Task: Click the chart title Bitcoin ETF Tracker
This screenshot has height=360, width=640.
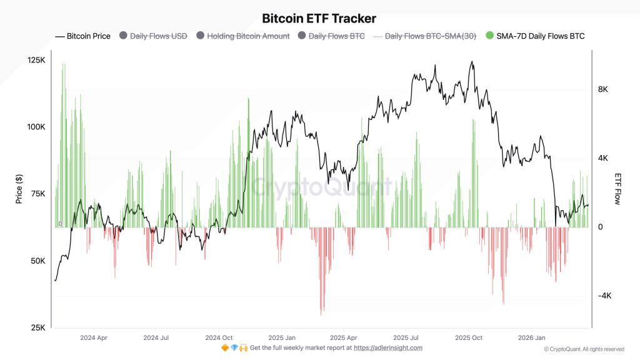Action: (319, 19)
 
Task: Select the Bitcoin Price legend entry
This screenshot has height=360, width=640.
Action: (83, 36)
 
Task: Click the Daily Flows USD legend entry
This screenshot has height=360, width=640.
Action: (154, 36)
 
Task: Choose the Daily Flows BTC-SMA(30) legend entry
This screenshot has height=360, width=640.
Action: (427, 36)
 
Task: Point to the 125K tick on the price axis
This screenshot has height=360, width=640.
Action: (36, 60)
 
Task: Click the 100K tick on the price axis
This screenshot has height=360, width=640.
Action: (36, 127)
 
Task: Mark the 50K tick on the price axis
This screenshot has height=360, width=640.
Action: (37, 261)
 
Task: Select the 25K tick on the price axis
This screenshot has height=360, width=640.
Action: (37, 328)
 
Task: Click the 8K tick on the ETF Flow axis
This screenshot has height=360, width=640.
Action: (603, 89)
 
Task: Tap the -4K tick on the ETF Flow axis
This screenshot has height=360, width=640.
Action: (605, 296)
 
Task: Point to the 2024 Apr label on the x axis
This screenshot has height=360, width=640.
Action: (94, 337)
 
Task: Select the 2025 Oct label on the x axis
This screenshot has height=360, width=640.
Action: (468, 337)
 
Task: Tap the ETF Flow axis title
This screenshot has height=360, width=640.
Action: (617, 189)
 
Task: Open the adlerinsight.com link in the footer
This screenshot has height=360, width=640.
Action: (388, 348)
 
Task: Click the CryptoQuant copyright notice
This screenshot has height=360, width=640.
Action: (584, 349)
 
